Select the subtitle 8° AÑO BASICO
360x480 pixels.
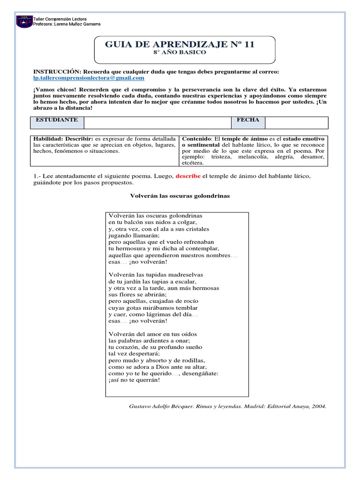pos(180,52)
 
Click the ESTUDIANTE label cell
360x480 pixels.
pos(57,120)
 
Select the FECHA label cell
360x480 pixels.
pos(247,120)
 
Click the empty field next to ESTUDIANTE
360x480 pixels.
pos(157,122)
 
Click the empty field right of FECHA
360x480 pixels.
pos(296,122)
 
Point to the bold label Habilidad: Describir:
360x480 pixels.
pos(63,139)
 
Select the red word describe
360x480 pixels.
pos(187,176)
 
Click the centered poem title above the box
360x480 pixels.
pos(180,196)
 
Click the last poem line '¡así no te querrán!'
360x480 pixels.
pos(134,380)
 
